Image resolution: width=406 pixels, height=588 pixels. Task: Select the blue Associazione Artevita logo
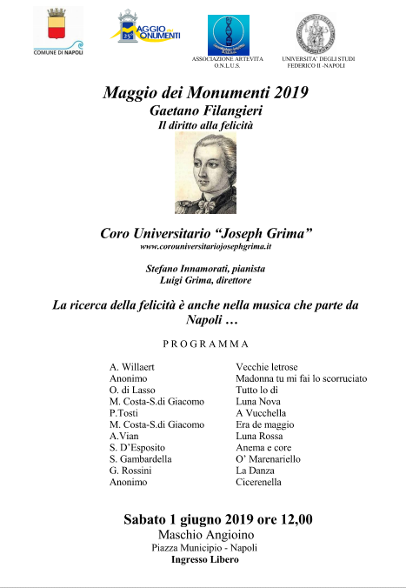(x=227, y=34)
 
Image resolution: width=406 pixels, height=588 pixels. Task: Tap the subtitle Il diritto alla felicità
(x=203, y=126)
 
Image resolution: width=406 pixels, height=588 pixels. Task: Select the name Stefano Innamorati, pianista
(x=205, y=270)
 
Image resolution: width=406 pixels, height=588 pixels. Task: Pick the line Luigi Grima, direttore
(x=205, y=281)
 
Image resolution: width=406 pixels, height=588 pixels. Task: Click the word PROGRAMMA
(x=205, y=344)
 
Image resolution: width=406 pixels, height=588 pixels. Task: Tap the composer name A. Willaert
(x=132, y=368)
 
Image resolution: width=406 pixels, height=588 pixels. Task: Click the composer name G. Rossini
(x=130, y=470)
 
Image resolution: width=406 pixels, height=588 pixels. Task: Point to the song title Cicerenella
(x=258, y=481)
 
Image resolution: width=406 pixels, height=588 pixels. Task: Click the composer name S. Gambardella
(x=140, y=458)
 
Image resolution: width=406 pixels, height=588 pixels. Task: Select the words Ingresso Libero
(x=205, y=561)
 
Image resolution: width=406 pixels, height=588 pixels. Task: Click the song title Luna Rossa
(x=260, y=436)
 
